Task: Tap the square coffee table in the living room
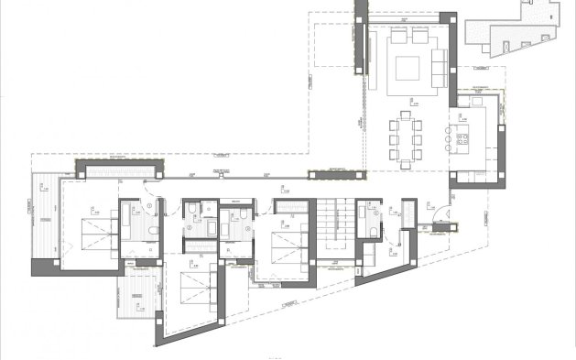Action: (x=407, y=68)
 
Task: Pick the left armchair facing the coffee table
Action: (x=398, y=38)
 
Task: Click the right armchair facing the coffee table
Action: (x=419, y=38)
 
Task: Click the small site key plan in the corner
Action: (x=512, y=27)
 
